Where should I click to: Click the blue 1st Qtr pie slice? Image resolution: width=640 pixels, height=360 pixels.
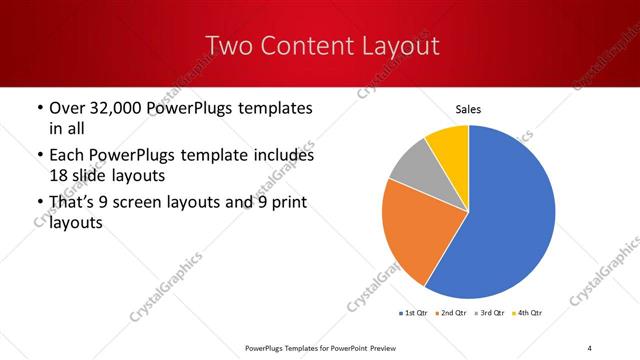(x=505, y=220)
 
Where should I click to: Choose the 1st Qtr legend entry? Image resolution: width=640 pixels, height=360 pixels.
(x=415, y=314)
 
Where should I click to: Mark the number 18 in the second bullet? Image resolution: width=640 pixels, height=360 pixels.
(x=59, y=175)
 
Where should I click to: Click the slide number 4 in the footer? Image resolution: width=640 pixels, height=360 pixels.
(x=589, y=347)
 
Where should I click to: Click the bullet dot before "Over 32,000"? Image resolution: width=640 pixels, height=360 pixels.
(x=38, y=108)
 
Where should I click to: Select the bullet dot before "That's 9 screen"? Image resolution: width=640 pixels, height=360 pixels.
(x=38, y=205)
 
